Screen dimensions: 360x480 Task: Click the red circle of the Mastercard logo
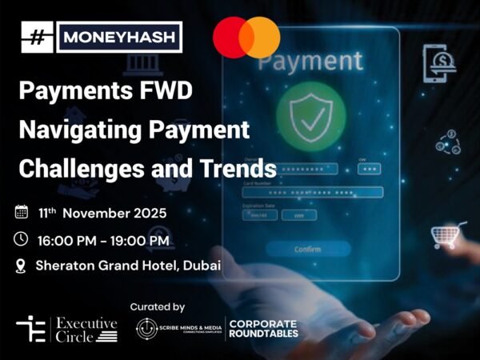[x=234, y=37]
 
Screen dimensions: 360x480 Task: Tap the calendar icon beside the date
[x=22, y=213]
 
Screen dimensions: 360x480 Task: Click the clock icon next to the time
[x=22, y=238]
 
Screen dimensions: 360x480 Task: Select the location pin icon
[x=22, y=264]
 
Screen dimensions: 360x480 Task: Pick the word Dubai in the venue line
[x=201, y=265]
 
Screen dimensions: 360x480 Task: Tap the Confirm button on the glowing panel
[x=308, y=249]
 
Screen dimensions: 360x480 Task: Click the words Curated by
[x=158, y=306]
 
